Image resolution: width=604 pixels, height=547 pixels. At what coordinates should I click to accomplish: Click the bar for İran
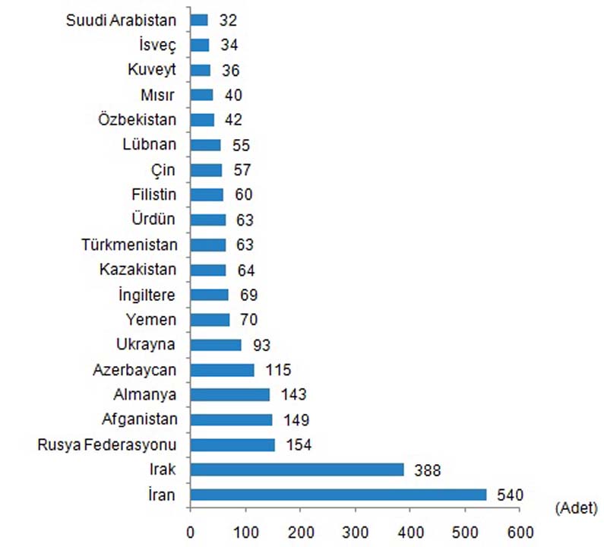point(338,495)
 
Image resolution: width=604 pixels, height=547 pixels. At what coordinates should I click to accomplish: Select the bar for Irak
point(296,470)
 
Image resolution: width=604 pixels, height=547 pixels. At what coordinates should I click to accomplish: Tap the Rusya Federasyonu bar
point(232,444)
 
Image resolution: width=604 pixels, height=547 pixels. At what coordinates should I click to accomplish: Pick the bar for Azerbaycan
point(222,369)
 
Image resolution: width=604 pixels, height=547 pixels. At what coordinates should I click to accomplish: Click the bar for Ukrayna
point(216,344)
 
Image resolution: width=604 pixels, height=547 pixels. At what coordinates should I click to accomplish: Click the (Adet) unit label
point(577,506)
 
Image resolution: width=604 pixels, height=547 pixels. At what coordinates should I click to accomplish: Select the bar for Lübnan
point(205,145)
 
